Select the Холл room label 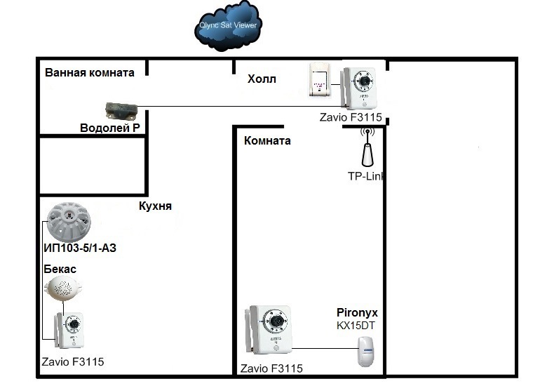pos(262,79)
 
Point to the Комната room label pos(267,140)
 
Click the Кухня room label pos(155,206)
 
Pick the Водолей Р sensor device pos(122,111)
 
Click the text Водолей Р pos(110,128)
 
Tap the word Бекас pos(60,269)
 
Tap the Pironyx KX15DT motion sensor pos(366,351)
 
